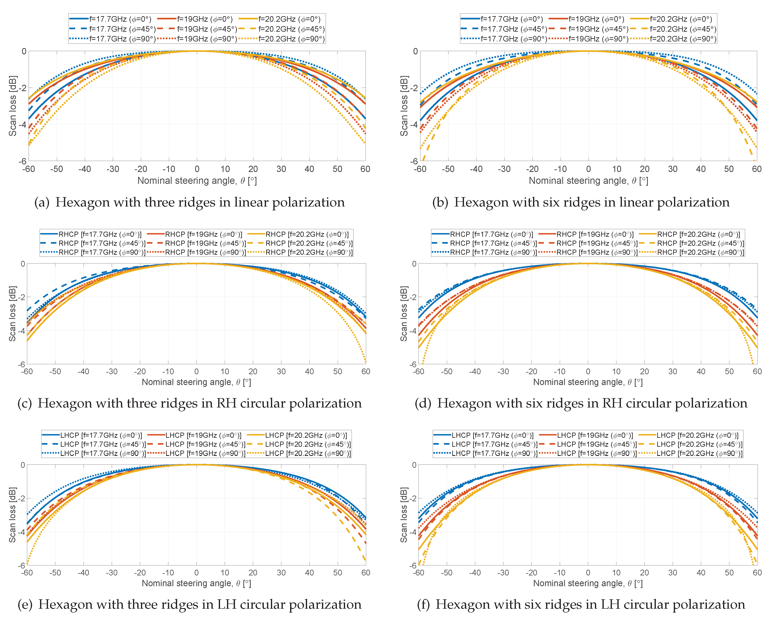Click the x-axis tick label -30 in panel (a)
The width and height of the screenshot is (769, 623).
[113, 169]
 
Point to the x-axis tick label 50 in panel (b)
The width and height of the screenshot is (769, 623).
[729, 169]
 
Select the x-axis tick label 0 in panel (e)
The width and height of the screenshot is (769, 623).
[196, 573]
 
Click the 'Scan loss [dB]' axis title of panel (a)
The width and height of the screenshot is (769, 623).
[12, 106]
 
